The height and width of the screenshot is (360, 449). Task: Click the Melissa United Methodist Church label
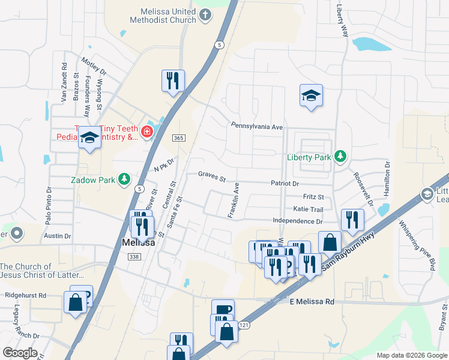click(159, 16)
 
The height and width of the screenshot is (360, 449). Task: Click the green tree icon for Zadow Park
click(125, 179)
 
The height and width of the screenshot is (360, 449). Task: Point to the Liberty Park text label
click(309, 157)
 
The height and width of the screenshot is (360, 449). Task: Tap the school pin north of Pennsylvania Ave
click(311, 96)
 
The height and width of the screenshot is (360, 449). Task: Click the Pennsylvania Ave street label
click(257, 127)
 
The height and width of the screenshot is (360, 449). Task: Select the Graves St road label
click(212, 178)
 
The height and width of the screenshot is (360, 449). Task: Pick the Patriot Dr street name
click(284, 183)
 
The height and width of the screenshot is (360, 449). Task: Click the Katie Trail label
click(309, 209)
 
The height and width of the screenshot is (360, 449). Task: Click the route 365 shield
click(178, 138)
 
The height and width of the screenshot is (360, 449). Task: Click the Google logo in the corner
click(20, 353)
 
